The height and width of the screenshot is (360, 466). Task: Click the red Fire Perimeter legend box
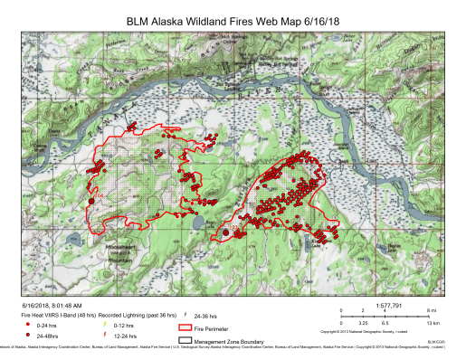coord(185,328)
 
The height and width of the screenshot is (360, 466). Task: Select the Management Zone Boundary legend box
coord(185,340)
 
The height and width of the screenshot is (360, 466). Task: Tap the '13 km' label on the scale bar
coord(433,323)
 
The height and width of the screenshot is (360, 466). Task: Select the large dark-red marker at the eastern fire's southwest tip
coord(226,232)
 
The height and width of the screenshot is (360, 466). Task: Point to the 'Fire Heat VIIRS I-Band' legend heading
coord(54,314)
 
